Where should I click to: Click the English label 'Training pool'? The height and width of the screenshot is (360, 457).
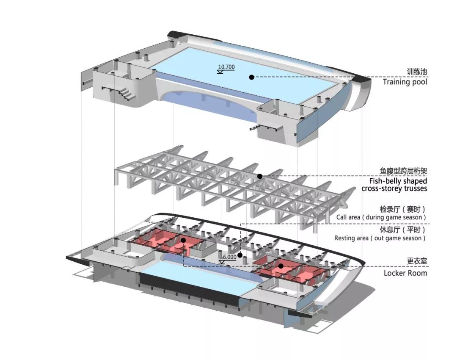click(x=405, y=82)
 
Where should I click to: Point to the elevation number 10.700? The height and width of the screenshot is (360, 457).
click(x=226, y=67)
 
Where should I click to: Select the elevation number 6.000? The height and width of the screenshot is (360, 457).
click(x=229, y=257)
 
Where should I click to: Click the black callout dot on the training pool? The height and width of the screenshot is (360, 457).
click(x=251, y=77)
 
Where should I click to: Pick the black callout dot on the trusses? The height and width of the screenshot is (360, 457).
click(x=260, y=176)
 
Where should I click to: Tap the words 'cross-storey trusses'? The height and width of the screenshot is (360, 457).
click(x=394, y=188)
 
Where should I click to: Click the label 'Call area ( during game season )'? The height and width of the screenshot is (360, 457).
click(x=381, y=217)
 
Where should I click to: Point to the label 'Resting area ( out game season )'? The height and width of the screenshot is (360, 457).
click(x=380, y=238)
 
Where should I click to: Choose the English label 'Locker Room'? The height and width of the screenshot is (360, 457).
click(x=405, y=273)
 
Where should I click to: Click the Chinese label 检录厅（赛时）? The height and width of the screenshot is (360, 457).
click(x=402, y=209)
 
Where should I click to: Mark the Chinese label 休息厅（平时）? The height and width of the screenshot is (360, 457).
click(x=402, y=230)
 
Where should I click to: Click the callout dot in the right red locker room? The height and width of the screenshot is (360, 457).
click(x=281, y=266)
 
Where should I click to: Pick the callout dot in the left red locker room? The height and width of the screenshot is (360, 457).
click(x=183, y=240)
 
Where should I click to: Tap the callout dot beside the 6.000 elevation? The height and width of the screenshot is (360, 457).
click(x=240, y=255)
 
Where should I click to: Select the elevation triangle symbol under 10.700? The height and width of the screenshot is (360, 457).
click(x=220, y=72)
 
